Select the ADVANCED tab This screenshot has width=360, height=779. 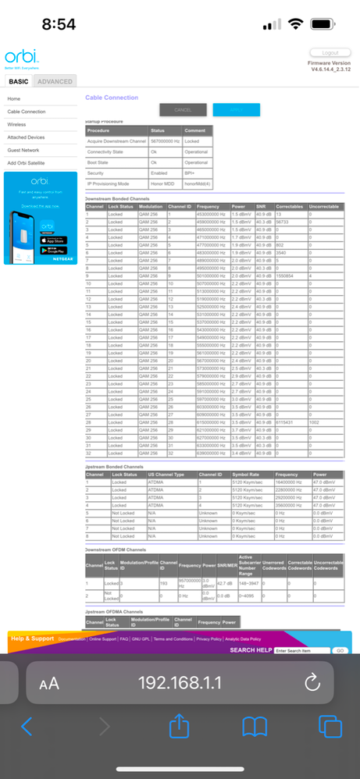[x=55, y=81]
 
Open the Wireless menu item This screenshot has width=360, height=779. [x=16, y=124]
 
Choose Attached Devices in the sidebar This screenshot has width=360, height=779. [x=26, y=137]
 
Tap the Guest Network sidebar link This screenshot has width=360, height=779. [x=23, y=150]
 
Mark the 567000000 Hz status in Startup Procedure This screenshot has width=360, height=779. [x=165, y=141]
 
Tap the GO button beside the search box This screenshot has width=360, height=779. [x=340, y=649]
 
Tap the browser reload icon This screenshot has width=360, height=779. [x=312, y=683]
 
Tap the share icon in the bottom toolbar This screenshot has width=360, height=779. [x=179, y=727]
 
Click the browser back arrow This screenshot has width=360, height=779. [x=27, y=727]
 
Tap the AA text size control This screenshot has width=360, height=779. [x=49, y=684]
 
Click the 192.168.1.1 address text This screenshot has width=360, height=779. [x=180, y=683]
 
